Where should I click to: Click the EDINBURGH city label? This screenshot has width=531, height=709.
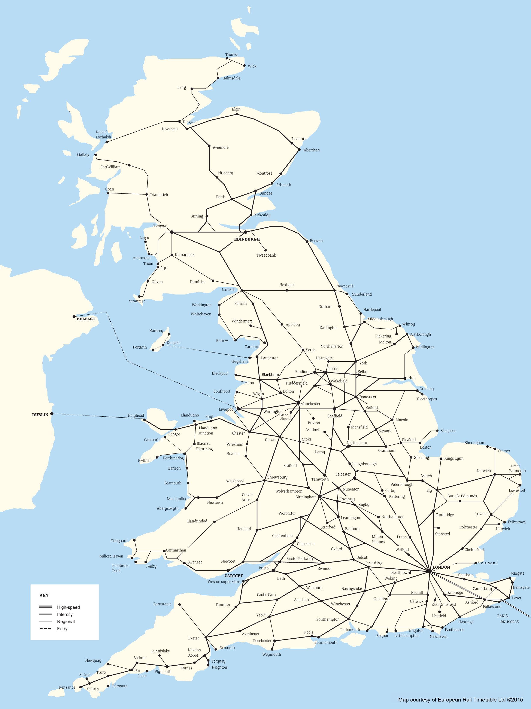(x=247, y=239)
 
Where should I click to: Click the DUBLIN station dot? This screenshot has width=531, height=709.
(x=52, y=414)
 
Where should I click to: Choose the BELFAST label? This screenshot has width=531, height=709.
(x=86, y=319)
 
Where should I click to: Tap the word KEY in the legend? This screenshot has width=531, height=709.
(x=44, y=595)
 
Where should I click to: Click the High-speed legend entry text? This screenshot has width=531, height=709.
(x=68, y=607)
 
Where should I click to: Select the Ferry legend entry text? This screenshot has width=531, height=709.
(x=62, y=629)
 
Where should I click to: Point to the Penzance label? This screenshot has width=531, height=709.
(x=67, y=687)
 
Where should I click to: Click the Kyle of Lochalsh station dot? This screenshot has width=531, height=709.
(x=107, y=142)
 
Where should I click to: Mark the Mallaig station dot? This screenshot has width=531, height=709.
(x=95, y=155)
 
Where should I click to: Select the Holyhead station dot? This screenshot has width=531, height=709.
(x=145, y=420)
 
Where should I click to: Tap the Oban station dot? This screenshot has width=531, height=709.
(x=108, y=193)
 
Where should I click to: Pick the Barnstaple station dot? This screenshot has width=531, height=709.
(x=179, y=605)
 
